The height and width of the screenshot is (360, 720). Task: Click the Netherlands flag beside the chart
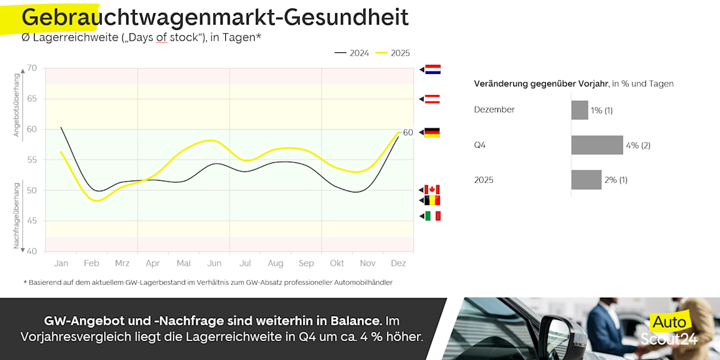tap(433, 69)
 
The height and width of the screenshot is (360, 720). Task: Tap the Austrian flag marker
tap(433, 99)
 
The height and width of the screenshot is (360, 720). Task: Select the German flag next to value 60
tap(432, 132)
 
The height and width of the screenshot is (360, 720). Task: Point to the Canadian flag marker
tap(432, 190)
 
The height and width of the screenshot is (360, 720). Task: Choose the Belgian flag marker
tap(432, 200)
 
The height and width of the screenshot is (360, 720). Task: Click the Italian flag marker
tap(433, 216)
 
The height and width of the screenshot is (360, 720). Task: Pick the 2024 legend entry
tap(351, 53)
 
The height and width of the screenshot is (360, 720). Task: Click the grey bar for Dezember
tap(579, 110)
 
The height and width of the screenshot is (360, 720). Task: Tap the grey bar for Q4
tap(597, 145)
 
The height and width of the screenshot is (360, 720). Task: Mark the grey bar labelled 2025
tap(586, 179)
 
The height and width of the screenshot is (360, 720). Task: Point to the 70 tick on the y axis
tap(31, 68)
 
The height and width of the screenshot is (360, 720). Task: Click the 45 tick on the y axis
tap(31, 221)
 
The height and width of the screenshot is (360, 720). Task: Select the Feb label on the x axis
tap(92, 263)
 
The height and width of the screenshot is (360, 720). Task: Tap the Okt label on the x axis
tap(337, 263)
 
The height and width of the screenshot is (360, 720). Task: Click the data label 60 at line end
tap(408, 133)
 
